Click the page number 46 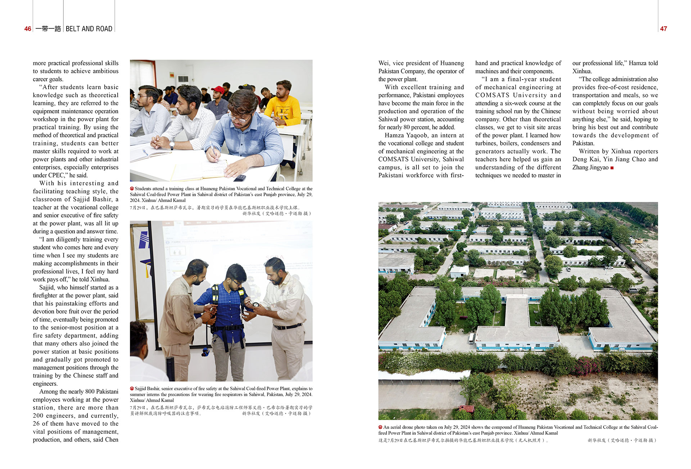click(x=28, y=29)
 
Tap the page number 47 click(x=663, y=29)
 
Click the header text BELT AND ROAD click(x=89, y=29)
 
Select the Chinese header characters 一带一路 click(x=48, y=29)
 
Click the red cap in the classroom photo click(x=218, y=89)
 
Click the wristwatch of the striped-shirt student click(x=172, y=145)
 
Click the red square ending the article click(x=612, y=168)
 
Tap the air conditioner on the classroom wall click(x=183, y=79)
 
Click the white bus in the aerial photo click(x=471, y=338)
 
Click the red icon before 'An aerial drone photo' click(x=380, y=427)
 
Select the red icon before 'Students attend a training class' click(x=132, y=189)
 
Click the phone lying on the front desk click(x=239, y=178)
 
